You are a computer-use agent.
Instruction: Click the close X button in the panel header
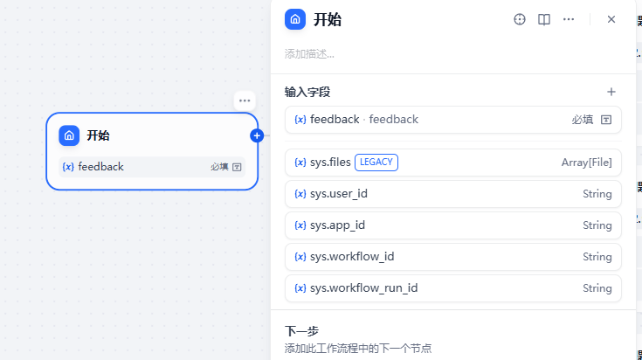click(x=611, y=19)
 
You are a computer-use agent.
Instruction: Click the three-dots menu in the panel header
click(x=569, y=19)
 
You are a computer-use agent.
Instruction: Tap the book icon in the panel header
click(x=544, y=19)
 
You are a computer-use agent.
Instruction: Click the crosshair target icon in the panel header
click(x=520, y=19)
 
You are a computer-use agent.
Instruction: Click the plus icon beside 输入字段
click(x=611, y=92)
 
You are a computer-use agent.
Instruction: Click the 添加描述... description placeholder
click(x=309, y=54)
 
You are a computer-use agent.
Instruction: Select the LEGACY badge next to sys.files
click(x=376, y=162)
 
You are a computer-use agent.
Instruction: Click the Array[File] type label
click(x=586, y=163)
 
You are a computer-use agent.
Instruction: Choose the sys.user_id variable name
click(x=338, y=194)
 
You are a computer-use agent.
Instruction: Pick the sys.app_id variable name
click(x=337, y=225)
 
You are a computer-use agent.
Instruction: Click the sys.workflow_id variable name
click(x=352, y=257)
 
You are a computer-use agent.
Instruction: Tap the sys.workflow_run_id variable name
click(x=363, y=288)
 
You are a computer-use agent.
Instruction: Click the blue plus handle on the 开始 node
click(x=257, y=135)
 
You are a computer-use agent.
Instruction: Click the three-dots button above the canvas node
click(x=245, y=100)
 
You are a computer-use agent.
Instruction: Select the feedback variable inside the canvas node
click(x=100, y=167)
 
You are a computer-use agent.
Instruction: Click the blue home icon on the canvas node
click(x=69, y=135)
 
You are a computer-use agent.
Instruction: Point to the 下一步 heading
click(x=301, y=331)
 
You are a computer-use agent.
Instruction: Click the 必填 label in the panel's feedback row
click(x=583, y=120)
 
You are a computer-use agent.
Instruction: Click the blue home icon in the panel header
click(x=295, y=19)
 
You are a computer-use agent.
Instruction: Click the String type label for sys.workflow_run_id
click(x=597, y=288)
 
